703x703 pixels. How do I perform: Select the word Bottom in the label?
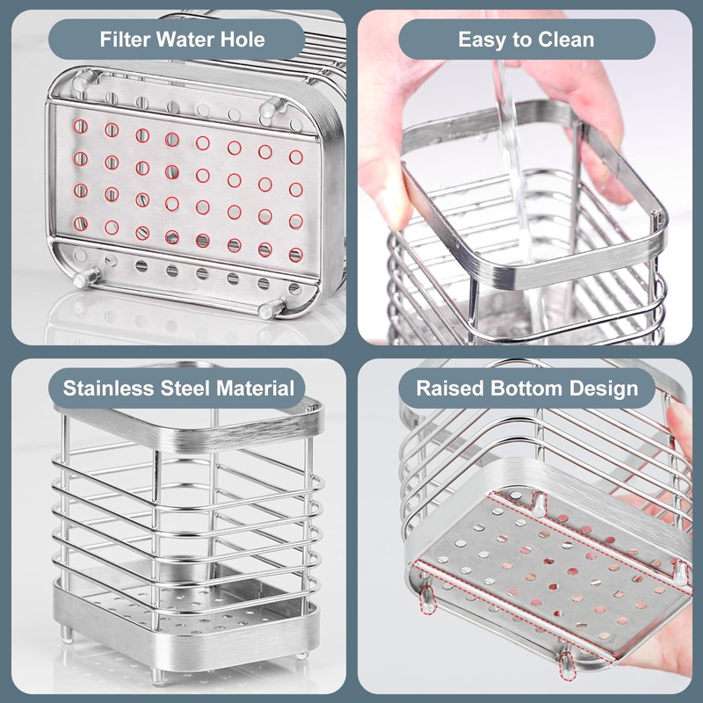524,388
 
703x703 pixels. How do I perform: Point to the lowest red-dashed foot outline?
562,668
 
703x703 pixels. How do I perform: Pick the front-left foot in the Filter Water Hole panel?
80,279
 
